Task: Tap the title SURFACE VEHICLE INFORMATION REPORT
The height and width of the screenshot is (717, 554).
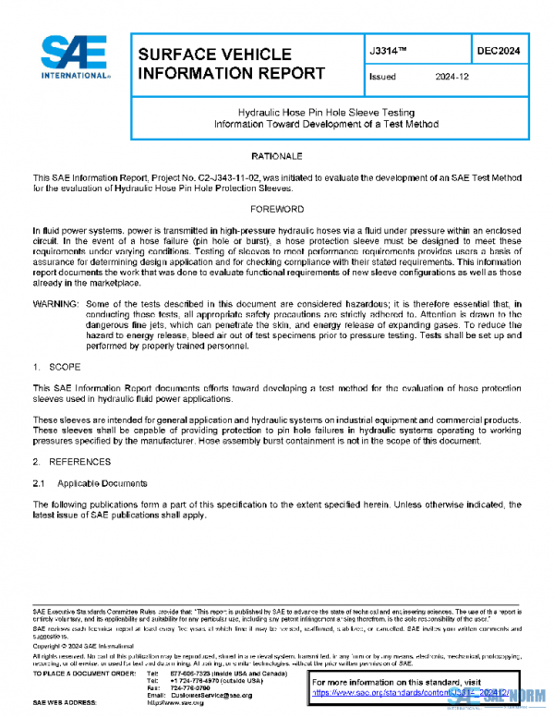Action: tap(231, 64)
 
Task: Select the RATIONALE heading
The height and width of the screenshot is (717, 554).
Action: tap(276, 157)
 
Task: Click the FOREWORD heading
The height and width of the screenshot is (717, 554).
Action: tap(276, 210)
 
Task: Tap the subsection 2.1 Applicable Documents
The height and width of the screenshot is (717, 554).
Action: tap(90, 483)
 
